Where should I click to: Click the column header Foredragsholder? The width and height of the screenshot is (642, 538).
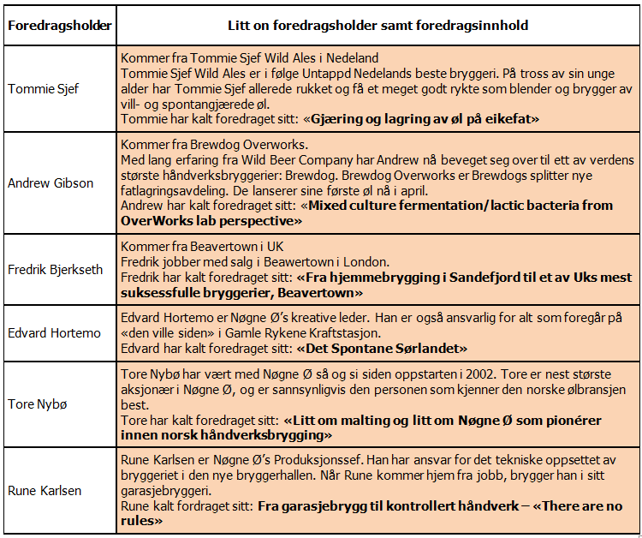(x=60, y=25)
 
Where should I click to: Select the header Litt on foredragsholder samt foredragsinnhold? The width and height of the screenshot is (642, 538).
(x=377, y=25)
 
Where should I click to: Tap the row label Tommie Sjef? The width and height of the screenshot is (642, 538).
(x=42, y=88)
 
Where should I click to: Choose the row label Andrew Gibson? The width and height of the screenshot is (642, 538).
(x=51, y=182)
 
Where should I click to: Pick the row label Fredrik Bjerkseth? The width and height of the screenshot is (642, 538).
(x=56, y=269)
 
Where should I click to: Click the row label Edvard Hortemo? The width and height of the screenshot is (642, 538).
(x=54, y=332)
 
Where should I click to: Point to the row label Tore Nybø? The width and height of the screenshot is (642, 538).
(x=37, y=404)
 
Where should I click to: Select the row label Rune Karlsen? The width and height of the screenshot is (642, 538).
(x=45, y=490)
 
